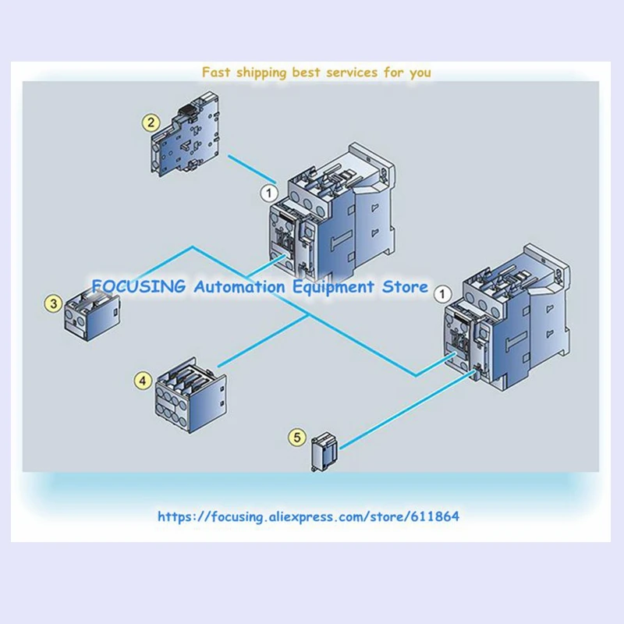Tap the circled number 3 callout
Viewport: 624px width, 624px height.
pyautogui.click(x=53, y=303)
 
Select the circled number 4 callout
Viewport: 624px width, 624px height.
pyautogui.click(x=141, y=380)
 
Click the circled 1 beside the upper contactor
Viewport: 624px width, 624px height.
pyautogui.click(x=268, y=191)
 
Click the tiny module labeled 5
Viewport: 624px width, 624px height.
pyautogui.click(x=323, y=453)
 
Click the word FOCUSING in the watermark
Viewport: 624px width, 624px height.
pyautogui.click(x=137, y=286)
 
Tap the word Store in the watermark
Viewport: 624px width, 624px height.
pyautogui.click(x=407, y=286)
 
